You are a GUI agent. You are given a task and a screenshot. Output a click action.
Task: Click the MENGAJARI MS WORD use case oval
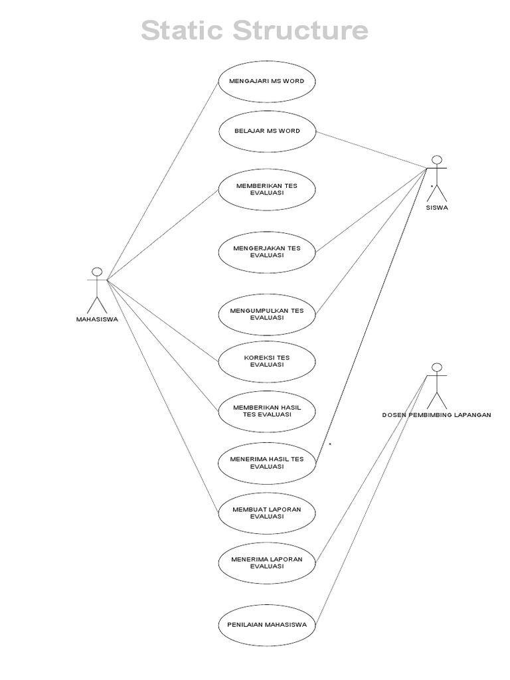(x=266, y=82)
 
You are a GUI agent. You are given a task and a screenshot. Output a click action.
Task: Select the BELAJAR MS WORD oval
(x=266, y=131)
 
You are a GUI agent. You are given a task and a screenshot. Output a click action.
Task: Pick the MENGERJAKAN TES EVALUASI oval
(x=266, y=251)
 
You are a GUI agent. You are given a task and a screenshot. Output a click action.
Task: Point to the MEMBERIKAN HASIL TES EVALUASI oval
(x=266, y=410)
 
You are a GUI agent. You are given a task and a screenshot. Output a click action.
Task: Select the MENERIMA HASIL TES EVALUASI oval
(x=266, y=462)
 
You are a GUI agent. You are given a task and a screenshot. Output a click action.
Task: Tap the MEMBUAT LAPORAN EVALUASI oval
(x=266, y=513)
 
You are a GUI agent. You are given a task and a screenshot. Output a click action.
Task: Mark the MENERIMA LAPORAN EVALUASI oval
(x=266, y=562)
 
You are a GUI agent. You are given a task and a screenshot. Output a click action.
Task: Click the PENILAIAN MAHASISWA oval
(x=266, y=625)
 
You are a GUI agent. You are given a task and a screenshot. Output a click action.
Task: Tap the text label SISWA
(x=436, y=207)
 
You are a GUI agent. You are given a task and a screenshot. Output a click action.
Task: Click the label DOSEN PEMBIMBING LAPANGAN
(x=436, y=415)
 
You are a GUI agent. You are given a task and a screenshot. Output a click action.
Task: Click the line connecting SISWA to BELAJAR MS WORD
(x=372, y=149)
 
